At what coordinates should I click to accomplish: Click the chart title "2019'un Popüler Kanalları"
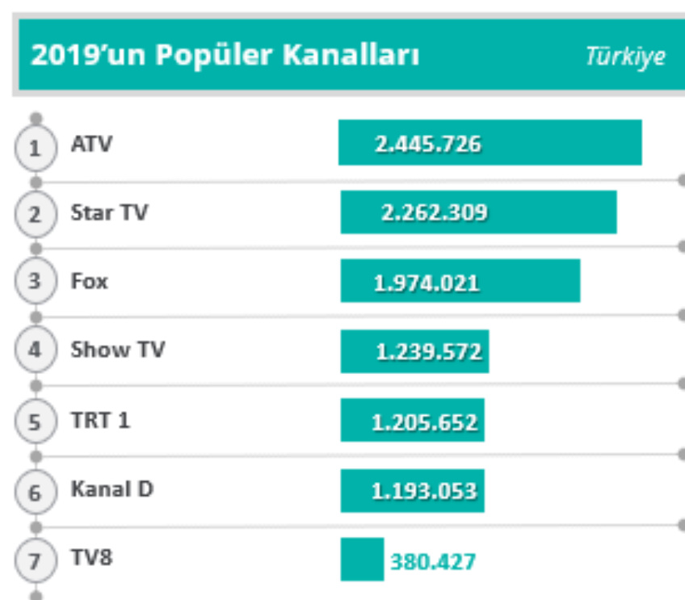(225, 57)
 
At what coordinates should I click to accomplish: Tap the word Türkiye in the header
(626, 57)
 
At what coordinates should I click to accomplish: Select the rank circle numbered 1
(36, 148)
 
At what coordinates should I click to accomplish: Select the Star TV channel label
(109, 213)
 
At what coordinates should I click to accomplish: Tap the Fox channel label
(89, 282)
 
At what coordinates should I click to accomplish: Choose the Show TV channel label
(117, 350)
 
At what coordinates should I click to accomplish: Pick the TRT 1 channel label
(100, 421)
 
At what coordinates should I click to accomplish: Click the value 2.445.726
(427, 145)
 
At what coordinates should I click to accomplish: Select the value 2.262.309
(434, 213)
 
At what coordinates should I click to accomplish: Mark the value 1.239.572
(428, 352)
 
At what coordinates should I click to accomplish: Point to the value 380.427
(433, 560)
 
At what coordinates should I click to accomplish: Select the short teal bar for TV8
(362, 559)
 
